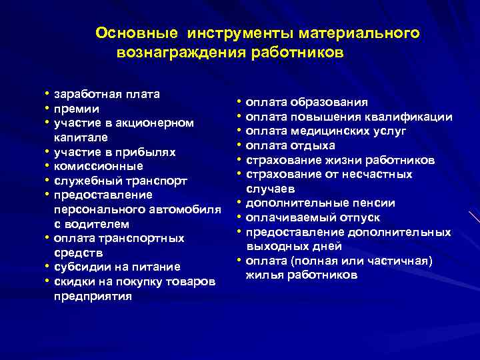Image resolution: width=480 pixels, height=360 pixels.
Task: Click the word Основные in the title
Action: pyautogui.click(x=137, y=33)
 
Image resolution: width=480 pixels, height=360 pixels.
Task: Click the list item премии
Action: pyautogui.click(x=77, y=108)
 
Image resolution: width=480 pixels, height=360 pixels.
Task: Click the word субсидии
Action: pyautogui.click(x=80, y=267)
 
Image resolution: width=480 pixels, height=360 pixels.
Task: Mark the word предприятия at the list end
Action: pyautogui.click(x=92, y=297)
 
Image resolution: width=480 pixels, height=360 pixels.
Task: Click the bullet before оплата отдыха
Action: pyautogui.click(x=238, y=145)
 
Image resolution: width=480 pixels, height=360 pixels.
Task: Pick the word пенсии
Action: pyautogui.click(x=376, y=203)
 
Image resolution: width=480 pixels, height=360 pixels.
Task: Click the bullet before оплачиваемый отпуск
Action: pyautogui.click(x=238, y=218)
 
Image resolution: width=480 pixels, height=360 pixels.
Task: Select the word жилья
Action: pyautogui.click(x=261, y=275)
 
